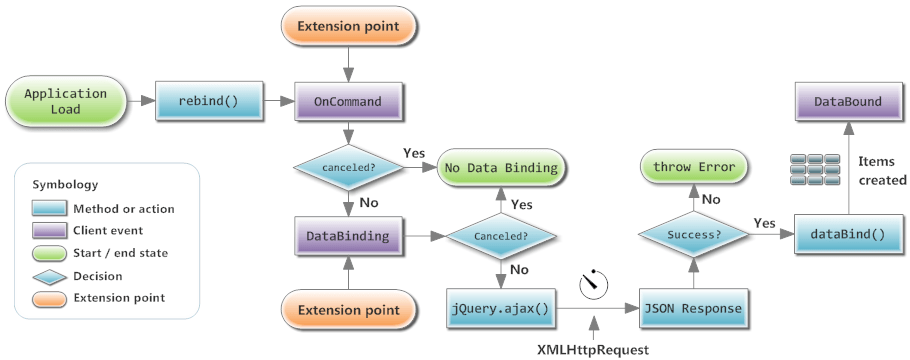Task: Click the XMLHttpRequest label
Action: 595,347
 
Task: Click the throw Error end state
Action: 694,167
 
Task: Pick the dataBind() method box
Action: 848,237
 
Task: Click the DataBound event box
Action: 848,103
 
